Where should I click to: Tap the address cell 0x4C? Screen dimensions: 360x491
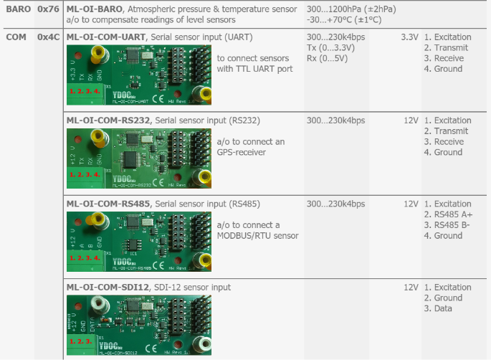(48, 37)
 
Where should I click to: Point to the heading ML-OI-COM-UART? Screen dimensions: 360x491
(107, 37)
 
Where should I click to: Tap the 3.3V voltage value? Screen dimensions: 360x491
(409, 37)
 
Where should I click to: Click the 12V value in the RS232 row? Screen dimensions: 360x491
(411, 120)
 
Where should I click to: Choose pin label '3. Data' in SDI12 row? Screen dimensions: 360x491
(439, 308)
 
